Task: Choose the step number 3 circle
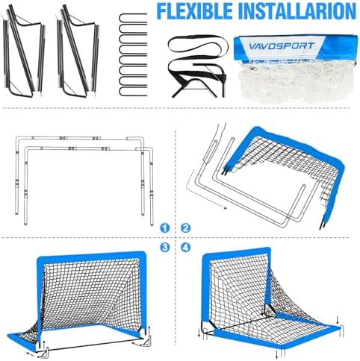(x=164, y=248)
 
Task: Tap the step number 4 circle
(x=185, y=248)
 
